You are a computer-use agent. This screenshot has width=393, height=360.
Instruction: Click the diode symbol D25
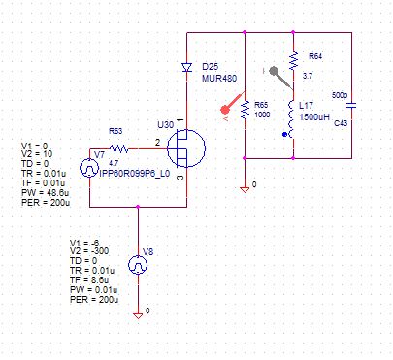click(x=186, y=68)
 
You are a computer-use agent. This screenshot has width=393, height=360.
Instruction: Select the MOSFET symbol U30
click(x=186, y=148)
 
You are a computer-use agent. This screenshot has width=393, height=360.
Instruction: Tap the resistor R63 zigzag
click(x=119, y=148)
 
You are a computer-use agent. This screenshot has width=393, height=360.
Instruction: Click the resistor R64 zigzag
click(x=293, y=61)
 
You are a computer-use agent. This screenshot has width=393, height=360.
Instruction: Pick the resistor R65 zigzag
click(x=245, y=110)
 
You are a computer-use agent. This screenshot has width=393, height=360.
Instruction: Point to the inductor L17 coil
click(x=292, y=119)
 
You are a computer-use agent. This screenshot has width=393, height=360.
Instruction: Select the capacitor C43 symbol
click(x=351, y=105)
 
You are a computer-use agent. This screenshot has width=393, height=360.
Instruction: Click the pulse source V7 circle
click(x=89, y=168)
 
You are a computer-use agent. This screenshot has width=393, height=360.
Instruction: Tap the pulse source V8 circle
click(x=138, y=265)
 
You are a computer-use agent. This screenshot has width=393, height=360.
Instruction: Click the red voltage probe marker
click(x=232, y=104)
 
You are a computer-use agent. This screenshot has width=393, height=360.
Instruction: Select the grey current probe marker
click(x=280, y=78)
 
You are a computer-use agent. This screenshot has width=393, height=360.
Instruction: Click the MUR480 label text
click(x=219, y=79)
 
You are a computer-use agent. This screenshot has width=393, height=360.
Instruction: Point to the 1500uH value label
click(x=314, y=117)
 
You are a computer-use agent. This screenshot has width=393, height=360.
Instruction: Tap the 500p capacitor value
click(x=340, y=95)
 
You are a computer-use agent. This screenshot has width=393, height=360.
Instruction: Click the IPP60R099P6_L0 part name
click(x=135, y=174)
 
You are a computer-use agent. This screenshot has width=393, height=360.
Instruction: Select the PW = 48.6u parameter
click(x=46, y=193)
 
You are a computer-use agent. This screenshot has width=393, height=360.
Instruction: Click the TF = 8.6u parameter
click(x=89, y=280)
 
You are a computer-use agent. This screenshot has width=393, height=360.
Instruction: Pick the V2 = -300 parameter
click(x=89, y=251)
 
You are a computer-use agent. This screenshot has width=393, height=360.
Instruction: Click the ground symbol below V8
click(x=138, y=315)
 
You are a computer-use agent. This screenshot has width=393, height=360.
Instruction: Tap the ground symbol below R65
click(x=245, y=189)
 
